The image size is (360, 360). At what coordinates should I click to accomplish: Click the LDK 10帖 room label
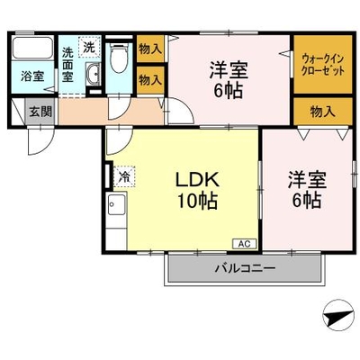(197, 190)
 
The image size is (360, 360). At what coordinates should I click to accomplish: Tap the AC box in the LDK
(245, 244)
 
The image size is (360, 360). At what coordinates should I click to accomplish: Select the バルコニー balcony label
(245, 267)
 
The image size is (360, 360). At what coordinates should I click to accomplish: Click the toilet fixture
(120, 58)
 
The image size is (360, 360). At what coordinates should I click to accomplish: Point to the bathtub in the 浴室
(32, 48)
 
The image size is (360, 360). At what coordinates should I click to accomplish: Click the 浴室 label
(32, 76)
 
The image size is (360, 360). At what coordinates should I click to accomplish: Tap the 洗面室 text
(67, 65)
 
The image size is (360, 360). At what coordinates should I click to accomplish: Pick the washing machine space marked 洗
(89, 47)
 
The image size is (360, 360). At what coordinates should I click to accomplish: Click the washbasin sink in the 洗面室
(94, 74)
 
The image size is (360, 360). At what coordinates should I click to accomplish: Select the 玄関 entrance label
(40, 112)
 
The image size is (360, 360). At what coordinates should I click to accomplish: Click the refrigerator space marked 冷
(124, 176)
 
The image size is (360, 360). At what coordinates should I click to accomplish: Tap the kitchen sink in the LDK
(117, 204)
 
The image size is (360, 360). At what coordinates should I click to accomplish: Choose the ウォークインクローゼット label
(322, 64)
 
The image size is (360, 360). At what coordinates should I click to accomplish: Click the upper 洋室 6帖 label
(229, 79)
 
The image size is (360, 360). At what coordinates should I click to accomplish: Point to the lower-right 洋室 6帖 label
(307, 190)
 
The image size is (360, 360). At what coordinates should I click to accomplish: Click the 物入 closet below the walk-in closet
(322, 112)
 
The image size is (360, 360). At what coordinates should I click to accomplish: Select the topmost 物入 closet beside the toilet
(150, 49)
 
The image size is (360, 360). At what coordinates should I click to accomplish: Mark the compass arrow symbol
(338, 316)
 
